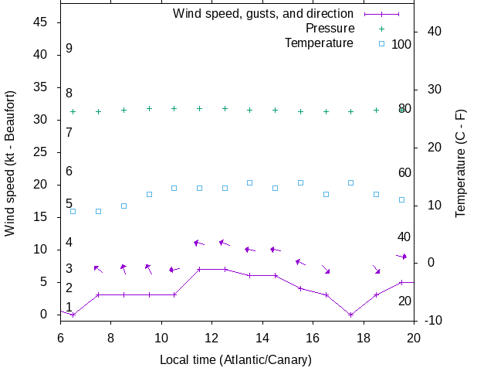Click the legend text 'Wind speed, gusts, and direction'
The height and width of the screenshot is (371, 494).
pyautogui.click(x=263, y=14)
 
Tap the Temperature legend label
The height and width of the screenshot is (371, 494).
pyautogui.click(x=319, y=43)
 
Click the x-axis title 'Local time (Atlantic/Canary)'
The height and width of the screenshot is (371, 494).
pyautogui.click(x=236, y=360)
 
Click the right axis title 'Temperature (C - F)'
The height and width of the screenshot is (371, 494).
pyautogui.click(x=461, y=162)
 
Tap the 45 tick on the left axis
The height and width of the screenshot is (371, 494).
pyautogui.click(x=42, y=22)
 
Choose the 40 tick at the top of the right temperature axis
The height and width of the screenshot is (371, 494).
pyautogui.click(x=433, y=32)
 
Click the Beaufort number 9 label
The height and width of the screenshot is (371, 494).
pyautogui.click(x=69, y=49)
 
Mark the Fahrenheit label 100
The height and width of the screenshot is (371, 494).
pyautogui.click(x=401, y=44)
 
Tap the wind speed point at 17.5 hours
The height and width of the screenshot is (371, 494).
pyautogui.click(x=350, y=315)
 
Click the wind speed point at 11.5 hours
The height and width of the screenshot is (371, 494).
pyautogui.click(x=199, y=270)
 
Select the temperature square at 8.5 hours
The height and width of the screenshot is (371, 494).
pyautogui.click(x=123, y=206)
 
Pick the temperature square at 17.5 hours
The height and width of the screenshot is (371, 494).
pyautogui.click(x=350, y=182)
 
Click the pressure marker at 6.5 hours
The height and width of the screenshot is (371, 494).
pyautogui.click(x=73, y=111)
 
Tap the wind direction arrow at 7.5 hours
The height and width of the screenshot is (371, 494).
pyautogui.click(x=98, y=269)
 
